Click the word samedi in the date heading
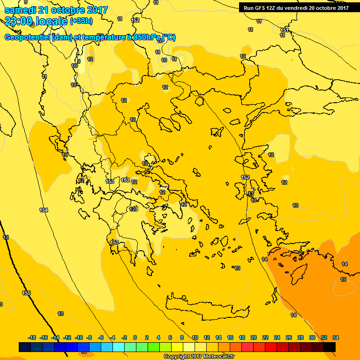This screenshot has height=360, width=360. (19, 10)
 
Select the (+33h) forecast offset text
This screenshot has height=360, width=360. (81, 21)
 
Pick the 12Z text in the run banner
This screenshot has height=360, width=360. (274, 7)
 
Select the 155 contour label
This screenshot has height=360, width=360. (26, 293)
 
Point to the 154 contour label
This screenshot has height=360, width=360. (44, 210)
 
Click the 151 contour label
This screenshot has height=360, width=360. (285, 30)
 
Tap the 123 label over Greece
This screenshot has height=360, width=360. (134, 209)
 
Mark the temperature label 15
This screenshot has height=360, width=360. (343, 279)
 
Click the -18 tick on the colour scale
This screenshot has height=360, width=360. (32, 337)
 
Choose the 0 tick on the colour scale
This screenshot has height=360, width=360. (135, 337)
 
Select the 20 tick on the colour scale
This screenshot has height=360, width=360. (254, 337)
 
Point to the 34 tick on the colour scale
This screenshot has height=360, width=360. (336, 337)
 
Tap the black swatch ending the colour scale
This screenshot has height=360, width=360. (330, 347)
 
